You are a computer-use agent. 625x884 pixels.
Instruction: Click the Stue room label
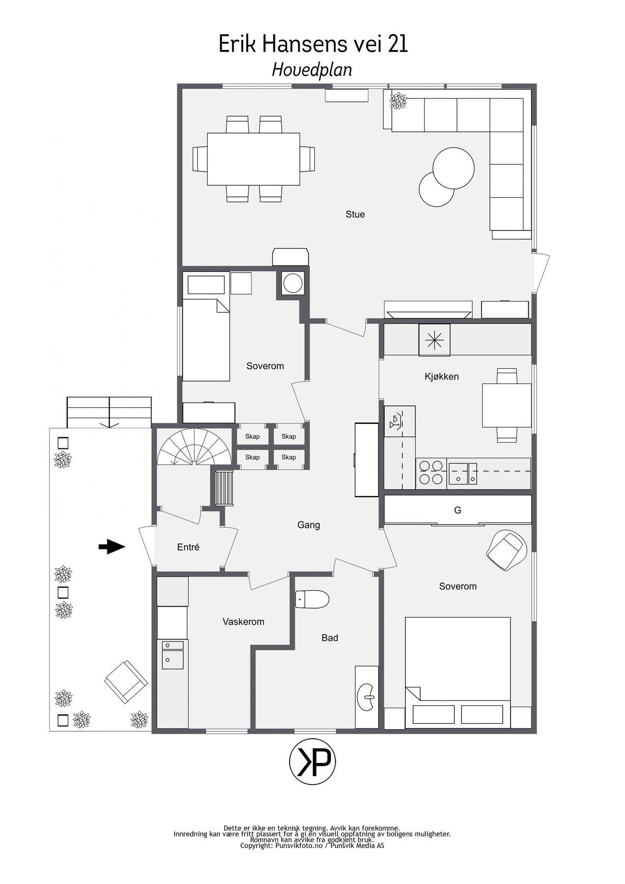pyautogui.click(x=355, y=215)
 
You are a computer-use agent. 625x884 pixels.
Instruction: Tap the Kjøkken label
pyautogui.click(x=441, y=377)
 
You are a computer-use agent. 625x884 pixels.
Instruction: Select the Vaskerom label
pyautogui.click(x=243, y=622)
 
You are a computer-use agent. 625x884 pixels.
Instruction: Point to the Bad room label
pyautogui.click(x=329, y=638)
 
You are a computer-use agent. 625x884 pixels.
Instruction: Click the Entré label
pyautogui.click(x=188, y=547)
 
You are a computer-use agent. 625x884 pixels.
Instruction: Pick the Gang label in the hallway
pyautogui.click(x=308, y=525)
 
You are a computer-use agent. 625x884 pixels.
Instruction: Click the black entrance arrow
pyautogui.click(x=112, y=547)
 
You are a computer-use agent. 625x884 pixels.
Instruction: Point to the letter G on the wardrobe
pyautogui.click(x=458, y=510)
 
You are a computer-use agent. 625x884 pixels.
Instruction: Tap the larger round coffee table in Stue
pyautogui.click(x=454, y=167)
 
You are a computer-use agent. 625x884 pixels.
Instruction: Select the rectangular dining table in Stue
pyautogui.click(x=253, y=159)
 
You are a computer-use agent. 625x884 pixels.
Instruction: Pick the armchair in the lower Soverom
pyautogui.click(x=508, y=550)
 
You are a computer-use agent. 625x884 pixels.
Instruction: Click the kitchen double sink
pyautogui.click(x=462, y=472)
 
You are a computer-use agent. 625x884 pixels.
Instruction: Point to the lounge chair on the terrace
pyautogui.click(x=126, y=681)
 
